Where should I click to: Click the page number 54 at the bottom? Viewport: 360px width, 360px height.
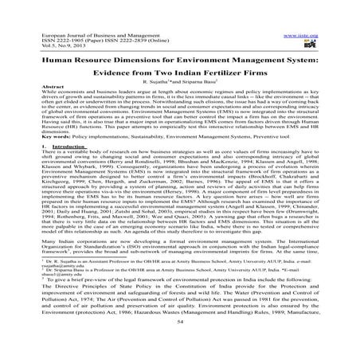pyautogui.click(x=179, y=346)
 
